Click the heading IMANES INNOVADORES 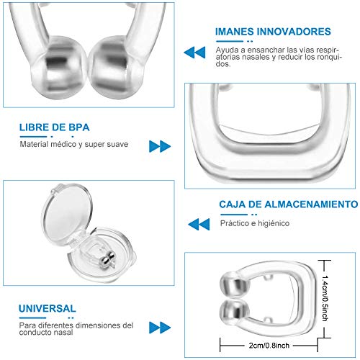[273, 32]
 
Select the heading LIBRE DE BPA [55, 128]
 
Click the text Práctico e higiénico [256, 223]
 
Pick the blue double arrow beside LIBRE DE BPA [159, 146]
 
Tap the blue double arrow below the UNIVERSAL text [159, 328]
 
